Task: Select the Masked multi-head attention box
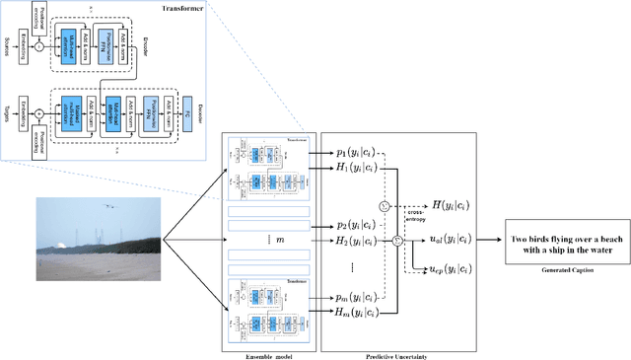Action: (x=72, y=111)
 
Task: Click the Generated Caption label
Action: (x=559, y=269)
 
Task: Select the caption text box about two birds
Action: (x=559, y=243)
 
